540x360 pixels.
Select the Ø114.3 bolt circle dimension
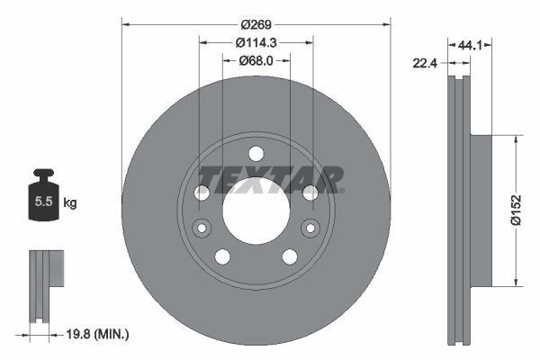pos(256,41)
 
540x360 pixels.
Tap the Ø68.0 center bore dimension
pos(256,60)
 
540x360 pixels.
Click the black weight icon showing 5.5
pos(42,200)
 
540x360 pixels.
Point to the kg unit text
pos(69,203)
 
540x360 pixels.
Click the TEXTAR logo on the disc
pos(270,180)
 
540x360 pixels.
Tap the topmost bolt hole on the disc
pos(256,153)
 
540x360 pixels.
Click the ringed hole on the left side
pos(202,228)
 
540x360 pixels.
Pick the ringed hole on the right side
pos(310,228)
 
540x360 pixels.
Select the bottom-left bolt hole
pos(222,256)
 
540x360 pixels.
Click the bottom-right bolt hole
pos(290,256)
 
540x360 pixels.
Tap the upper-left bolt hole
pos(202,192)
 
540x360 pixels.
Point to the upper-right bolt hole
pos(310,192)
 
